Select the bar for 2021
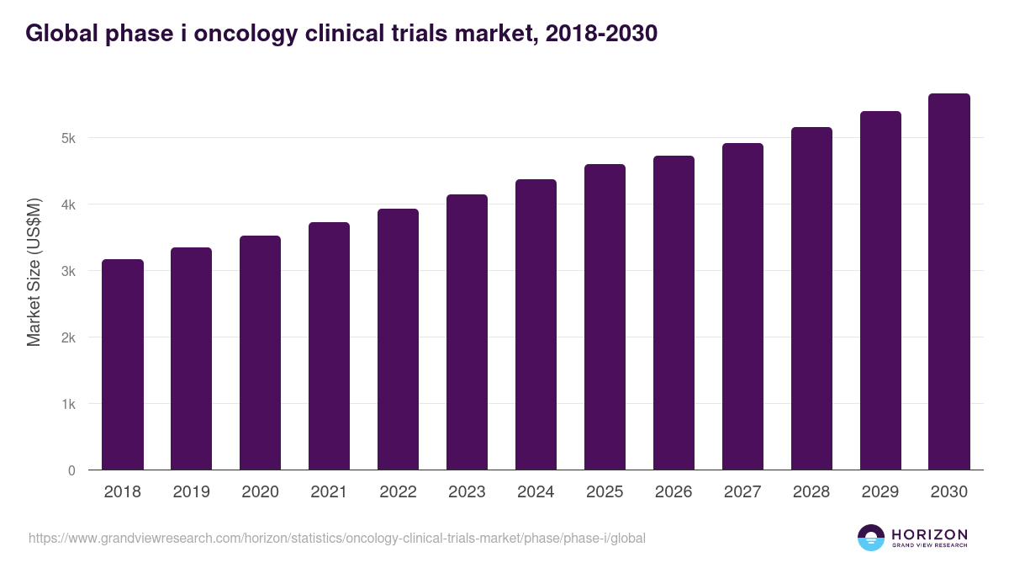(x=329, y=346)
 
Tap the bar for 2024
(x=536, y=325)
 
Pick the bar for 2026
(x=674, y=313)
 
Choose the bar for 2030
(x=949, y=282)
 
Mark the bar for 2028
(x=811, y=299)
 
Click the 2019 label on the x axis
(x=192, y=492)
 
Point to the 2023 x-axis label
(x=467, y=492)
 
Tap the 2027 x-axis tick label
(x=742, y=492)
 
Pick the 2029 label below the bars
(x=880, y=492)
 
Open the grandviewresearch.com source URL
(x=337, y=538)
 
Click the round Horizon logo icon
(x=870, y=538)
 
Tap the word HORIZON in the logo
(x=929, y=533)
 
